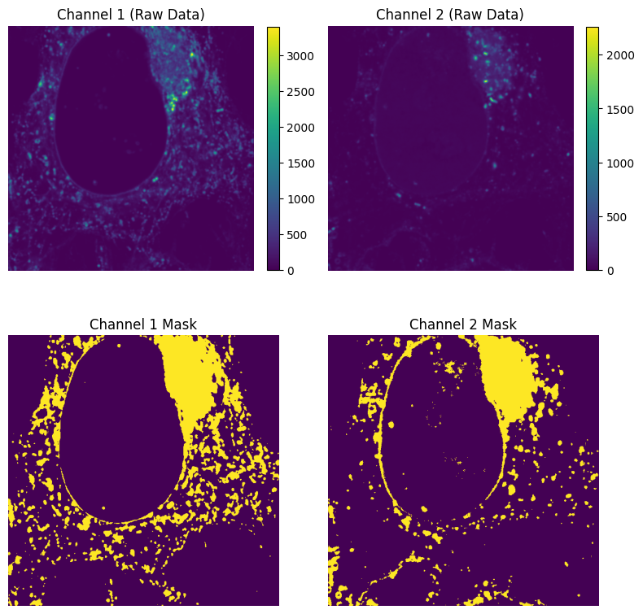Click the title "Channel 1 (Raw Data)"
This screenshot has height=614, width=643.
130,15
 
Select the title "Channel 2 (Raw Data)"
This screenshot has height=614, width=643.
449,15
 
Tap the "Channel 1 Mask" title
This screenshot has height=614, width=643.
142,324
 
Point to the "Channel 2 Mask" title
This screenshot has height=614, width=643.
462,324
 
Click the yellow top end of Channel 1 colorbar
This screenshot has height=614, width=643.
273,29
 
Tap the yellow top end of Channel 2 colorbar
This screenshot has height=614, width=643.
593,29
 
